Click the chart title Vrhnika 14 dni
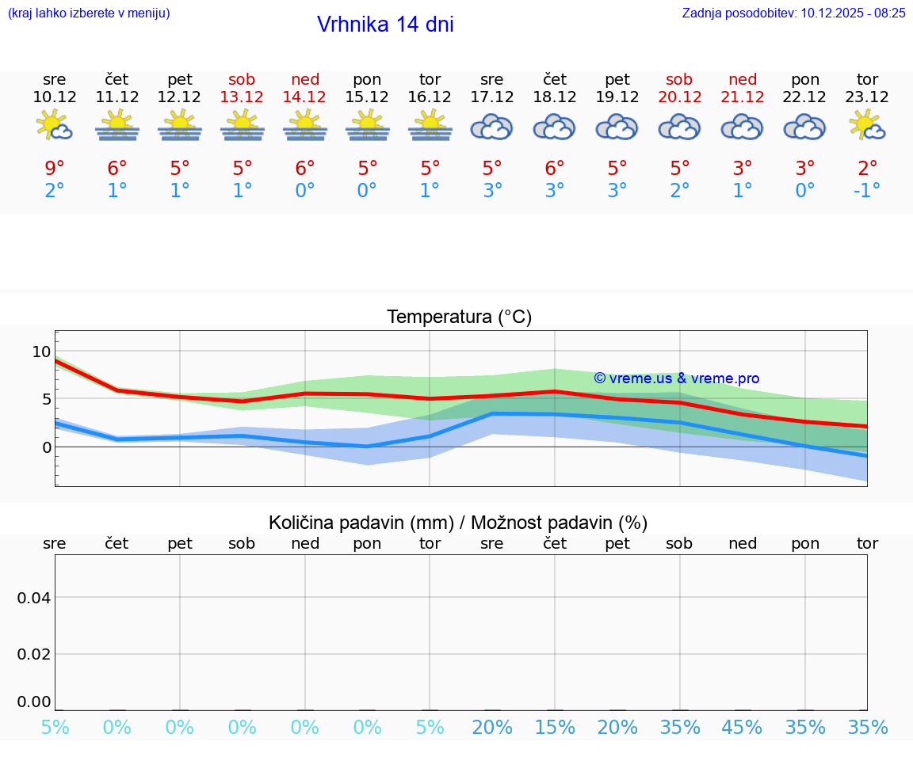coord(385,25)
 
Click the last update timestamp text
coord(793,13)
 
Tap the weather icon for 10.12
coord(55,126)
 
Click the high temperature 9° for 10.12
coord(55,168)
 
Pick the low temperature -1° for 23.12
coord(867,190)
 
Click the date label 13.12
coord(242,97)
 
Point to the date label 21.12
coord(743,97)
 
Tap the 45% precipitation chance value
coord(743,728)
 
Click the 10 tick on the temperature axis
coord(41,352)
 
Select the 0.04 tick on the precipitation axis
coord(34,598)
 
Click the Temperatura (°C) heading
coord(459,318)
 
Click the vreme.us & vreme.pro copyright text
coord(676,378)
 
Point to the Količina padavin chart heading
coord(458,523)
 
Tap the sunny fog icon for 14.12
coord(304,126)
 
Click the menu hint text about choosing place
coord(88,13)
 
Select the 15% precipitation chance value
coord(554,728)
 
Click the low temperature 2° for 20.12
coord(679,190)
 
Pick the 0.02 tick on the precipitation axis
coord(34,654)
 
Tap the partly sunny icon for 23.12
coord(867,126)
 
